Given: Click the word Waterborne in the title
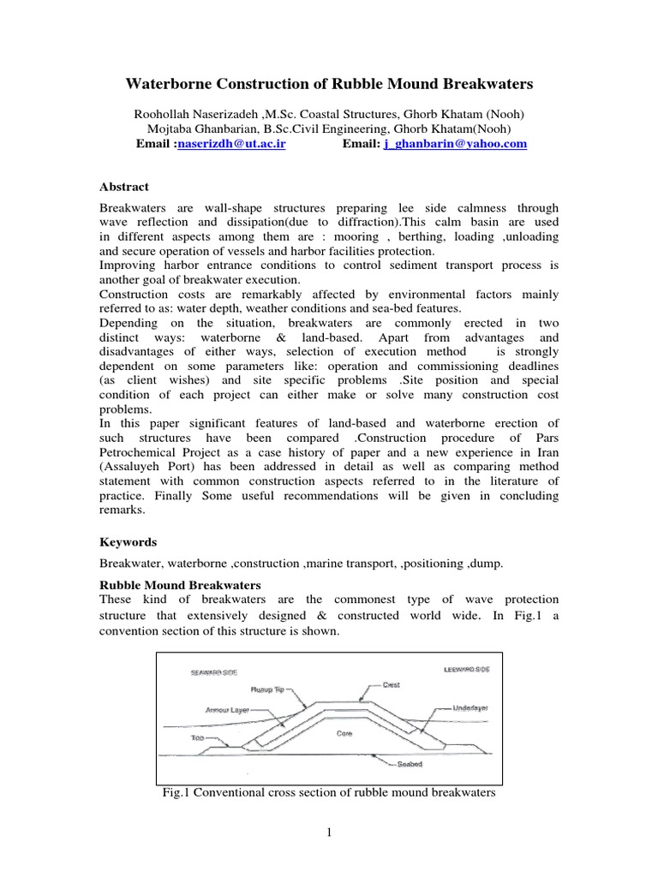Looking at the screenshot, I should point(172,84).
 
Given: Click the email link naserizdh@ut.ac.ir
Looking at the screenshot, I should point(231,145).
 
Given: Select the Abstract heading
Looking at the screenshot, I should point(124,187).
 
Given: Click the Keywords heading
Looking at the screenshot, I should point(129,542).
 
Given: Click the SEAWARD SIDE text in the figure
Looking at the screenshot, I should point(213,672).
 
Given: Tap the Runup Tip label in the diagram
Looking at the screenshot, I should point(268,689).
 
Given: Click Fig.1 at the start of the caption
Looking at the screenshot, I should point(177,793).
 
